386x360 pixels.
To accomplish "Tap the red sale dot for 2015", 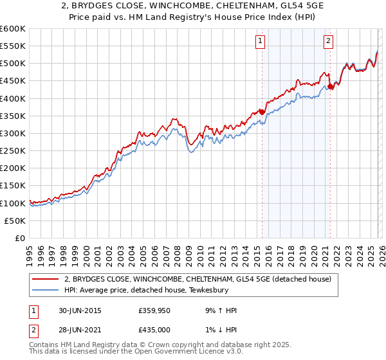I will (x=262, y=112).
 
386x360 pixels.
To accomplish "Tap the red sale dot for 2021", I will (x=330, y=86).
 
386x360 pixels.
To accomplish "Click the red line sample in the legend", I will (x=46, y=279).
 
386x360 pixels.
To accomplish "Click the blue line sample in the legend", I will (x=46, y=290).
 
